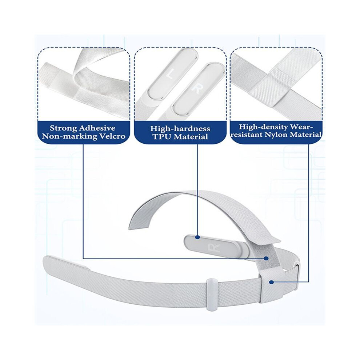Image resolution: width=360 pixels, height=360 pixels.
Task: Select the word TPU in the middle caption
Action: coord(162,137)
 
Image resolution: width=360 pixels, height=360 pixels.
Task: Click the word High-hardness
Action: coord(180,128)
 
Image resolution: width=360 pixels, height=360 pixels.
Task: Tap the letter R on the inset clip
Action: coord(196,88)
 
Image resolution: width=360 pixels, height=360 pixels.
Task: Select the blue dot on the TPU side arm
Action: coord(197,237)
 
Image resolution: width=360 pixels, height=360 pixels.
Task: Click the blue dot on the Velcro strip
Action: coord(266,259)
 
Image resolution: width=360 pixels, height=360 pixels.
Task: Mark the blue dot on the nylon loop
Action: coord(272,283)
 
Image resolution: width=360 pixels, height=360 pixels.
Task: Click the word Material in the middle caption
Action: coord(191,137)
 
